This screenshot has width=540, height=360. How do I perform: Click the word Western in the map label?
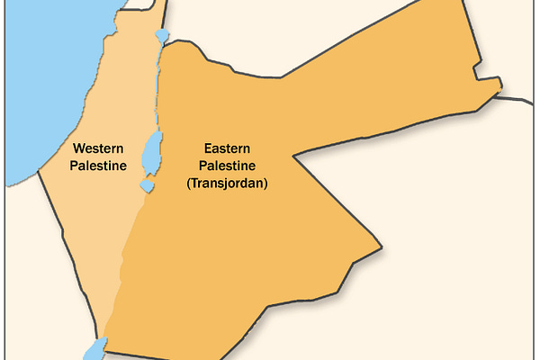click(99, 148)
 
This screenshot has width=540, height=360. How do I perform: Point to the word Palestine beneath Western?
click(99, 166)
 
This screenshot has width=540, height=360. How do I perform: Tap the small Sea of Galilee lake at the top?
click(161, 37)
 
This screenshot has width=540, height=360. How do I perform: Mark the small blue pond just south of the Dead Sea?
click(146, 185)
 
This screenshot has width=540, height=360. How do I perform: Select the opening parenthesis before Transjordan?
click(189, 183)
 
